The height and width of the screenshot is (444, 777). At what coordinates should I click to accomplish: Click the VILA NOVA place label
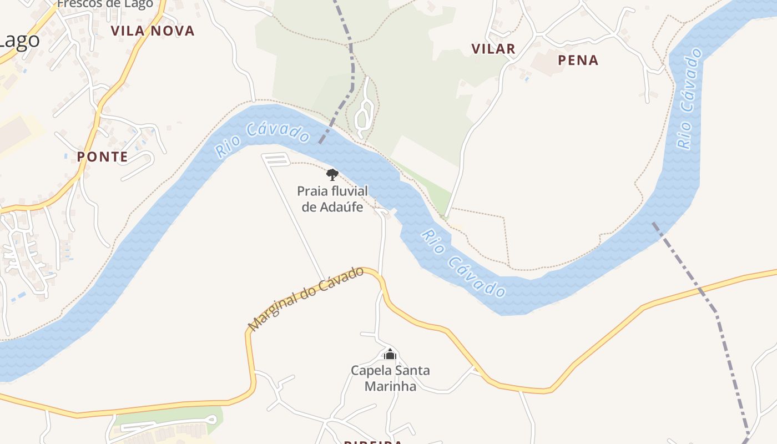[x=153, y=31]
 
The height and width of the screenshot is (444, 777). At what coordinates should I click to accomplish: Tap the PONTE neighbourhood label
[x=102, y=157]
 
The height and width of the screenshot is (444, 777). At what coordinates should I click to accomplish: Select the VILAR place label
[x=493, y=49]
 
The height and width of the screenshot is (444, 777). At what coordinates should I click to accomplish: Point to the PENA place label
[x=578, y=60]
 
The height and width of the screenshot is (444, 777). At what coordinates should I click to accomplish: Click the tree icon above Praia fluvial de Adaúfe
[x=332, y=175]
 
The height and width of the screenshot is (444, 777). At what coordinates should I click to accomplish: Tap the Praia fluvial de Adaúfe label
[x=332, y=199]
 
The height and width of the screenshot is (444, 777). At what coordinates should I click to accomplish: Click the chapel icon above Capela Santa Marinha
[x=390, y=354]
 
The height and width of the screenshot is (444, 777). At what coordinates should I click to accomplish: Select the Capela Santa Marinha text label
[x=390, y=378]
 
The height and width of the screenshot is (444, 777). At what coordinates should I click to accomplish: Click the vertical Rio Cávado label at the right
[x=688, y=99]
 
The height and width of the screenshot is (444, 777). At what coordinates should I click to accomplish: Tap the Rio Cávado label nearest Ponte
[x=262, y=139]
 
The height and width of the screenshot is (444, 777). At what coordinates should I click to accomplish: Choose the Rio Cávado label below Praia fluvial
[x=463, y=263]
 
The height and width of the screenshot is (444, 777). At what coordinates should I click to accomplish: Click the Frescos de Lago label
[x=105, y=4]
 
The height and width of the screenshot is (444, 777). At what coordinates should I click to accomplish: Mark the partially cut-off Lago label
[x=19, y=40]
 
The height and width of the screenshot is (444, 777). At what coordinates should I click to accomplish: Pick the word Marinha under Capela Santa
[x=390, y=386]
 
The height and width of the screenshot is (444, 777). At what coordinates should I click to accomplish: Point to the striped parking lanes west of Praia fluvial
[x=276, y=159]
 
